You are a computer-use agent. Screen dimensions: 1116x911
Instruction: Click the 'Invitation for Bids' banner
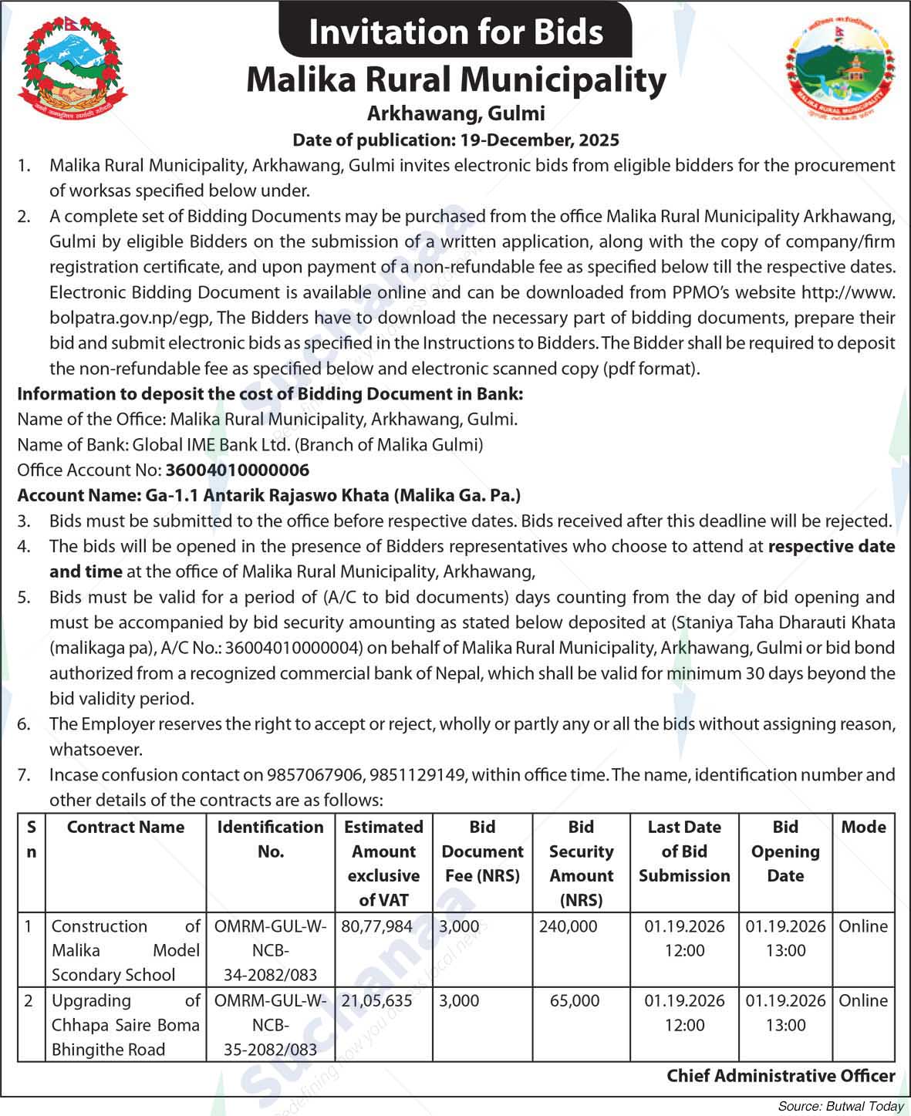click(455, 32)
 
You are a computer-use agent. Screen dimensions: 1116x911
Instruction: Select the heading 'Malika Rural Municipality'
click(455, 79)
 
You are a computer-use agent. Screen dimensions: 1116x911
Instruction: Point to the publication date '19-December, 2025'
click(540, 140)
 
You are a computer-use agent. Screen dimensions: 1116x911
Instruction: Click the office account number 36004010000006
click(238, 470)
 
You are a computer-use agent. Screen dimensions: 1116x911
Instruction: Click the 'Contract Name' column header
click(126, 827)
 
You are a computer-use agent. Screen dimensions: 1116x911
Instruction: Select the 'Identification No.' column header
click(270, 838)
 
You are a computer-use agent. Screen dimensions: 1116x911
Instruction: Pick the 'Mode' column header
click(863, 827)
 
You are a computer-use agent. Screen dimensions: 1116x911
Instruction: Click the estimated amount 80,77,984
click(376, 926)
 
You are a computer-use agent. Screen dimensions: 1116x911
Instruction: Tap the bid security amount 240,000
click(569, 926)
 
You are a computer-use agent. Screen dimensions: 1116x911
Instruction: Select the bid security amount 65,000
click(575, 1000)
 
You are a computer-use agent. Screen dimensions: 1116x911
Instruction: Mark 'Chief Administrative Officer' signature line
click(781, 1075)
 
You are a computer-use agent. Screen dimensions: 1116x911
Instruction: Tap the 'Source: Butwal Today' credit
click(840, 1106)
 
